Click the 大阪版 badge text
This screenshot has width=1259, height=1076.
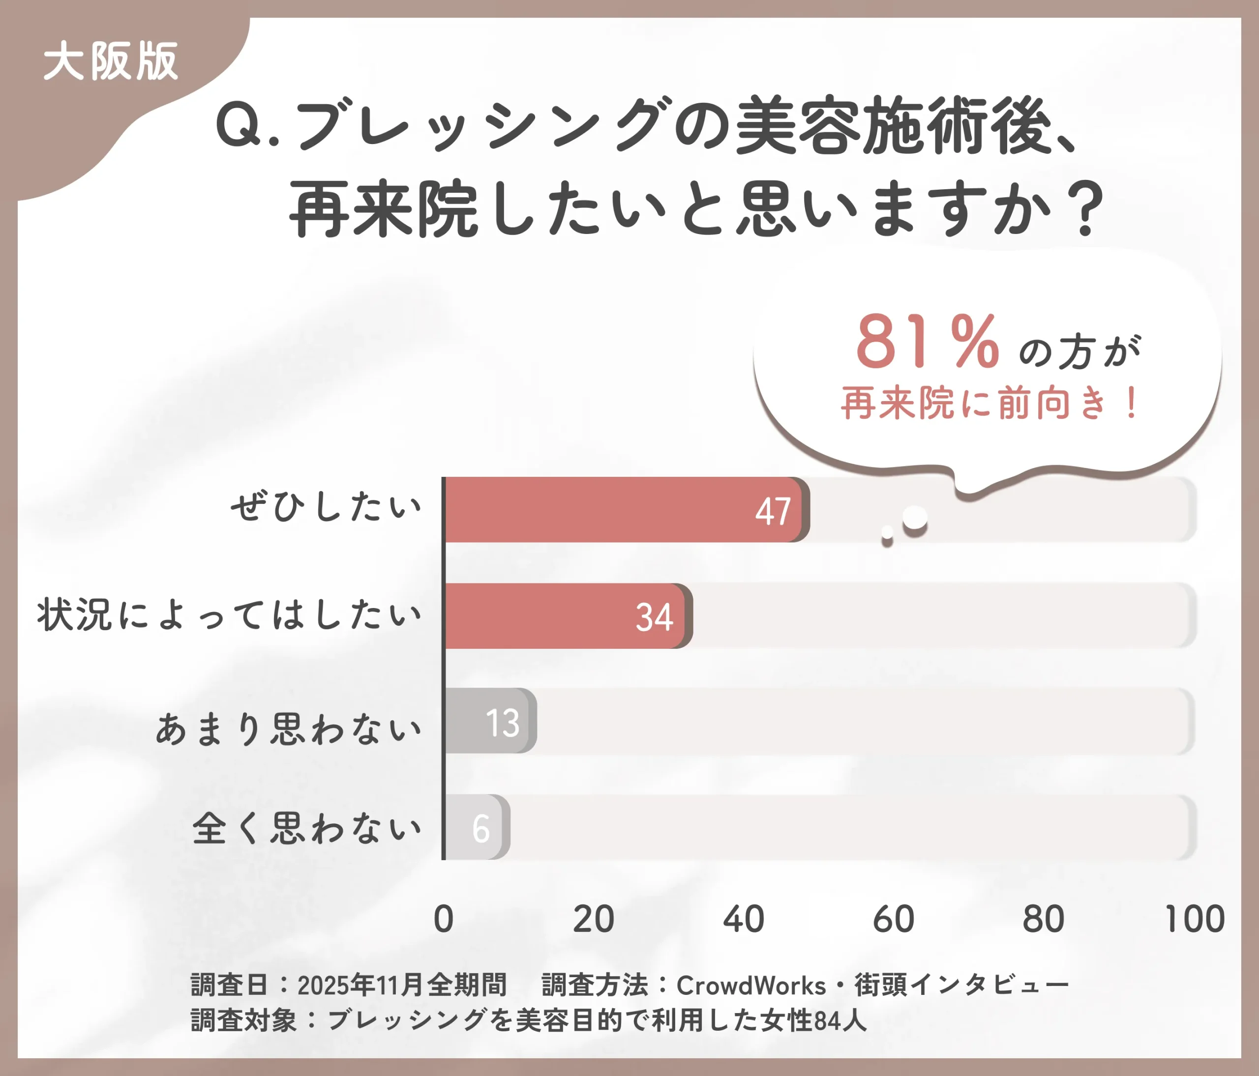click(111, 61)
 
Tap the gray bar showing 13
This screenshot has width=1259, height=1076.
click(489, 722)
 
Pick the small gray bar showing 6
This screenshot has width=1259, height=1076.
click(476, 828)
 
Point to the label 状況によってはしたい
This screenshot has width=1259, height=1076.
click(229, 615)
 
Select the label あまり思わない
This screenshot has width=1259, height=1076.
click(288, 728)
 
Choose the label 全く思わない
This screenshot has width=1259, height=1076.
click(307, 828)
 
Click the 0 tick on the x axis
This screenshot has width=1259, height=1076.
click(444, 919)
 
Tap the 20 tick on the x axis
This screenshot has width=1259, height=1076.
click(593, 919)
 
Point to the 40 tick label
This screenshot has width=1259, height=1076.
click(743, 919)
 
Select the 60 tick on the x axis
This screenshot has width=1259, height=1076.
click(893, 919)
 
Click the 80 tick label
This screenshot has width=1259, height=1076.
click(1043, 919)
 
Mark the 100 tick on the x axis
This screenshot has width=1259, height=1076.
click(1194, 919)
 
